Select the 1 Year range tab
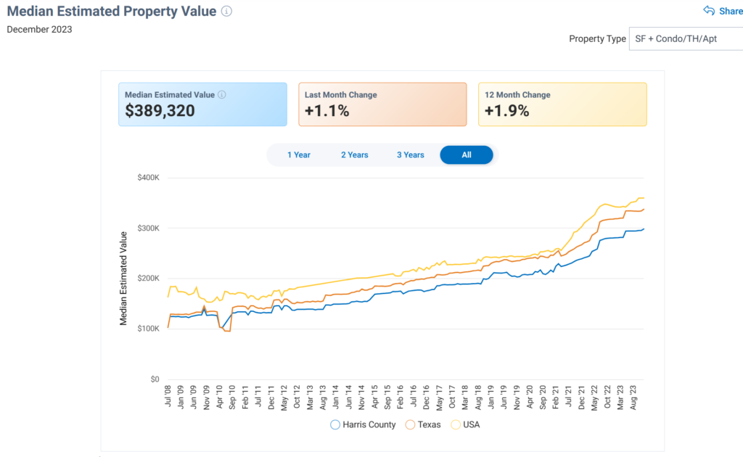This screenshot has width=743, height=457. (299, 155)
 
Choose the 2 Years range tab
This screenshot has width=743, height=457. (355, 155)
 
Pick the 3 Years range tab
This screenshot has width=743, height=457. (410, 155)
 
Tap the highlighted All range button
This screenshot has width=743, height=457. (466, 155)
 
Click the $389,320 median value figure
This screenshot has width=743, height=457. (160, 111)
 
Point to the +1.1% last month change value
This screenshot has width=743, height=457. (327, 111)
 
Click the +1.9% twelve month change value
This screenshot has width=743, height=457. (506, 111)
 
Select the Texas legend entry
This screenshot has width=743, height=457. (424, 424)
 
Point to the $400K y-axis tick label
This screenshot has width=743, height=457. (148, 178)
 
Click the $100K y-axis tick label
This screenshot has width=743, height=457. (148, 329)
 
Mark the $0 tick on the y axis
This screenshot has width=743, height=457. (154, 379)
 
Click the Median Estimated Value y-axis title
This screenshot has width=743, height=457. (123, 278)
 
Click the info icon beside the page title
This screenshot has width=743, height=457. (226, 11)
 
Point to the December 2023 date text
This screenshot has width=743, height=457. (39, 30)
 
